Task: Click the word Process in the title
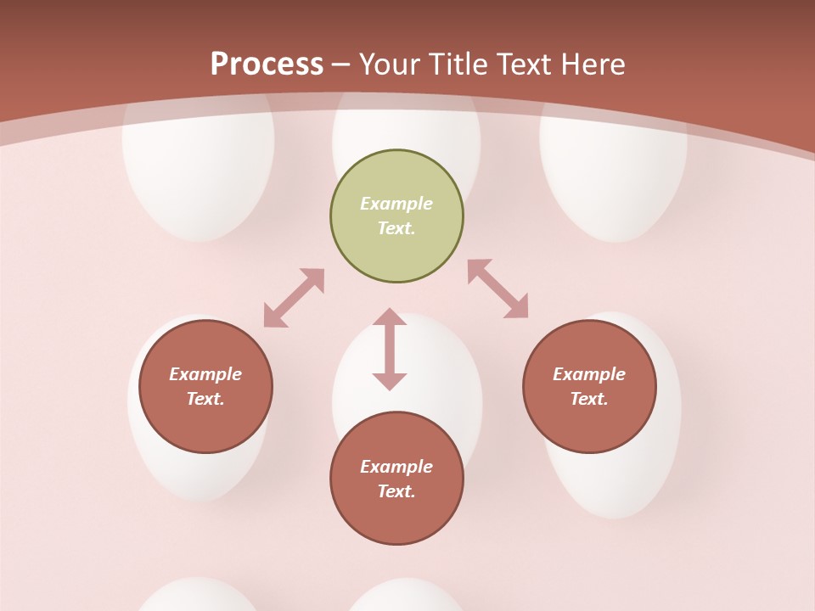[267, 64]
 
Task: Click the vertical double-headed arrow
[390, 349]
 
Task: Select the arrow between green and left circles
[294, 298]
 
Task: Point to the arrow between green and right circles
[497, 289]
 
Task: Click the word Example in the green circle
[396, 204]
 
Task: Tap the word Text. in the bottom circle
[396, 491]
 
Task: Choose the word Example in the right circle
[589, 374]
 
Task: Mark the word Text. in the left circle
[205, 399]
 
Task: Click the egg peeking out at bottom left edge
[197, 596]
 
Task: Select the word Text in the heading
[521, 64]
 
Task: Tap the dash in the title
[341, 65]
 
